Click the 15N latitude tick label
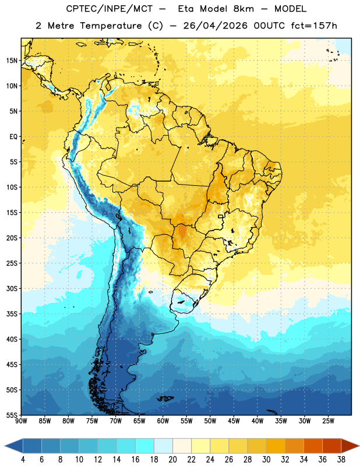pos(12,61)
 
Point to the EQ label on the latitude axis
pos(13,137)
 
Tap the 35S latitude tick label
pos(12,314)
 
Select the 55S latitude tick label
pos(12,415)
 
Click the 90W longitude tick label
pos(22,421)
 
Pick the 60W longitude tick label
pos(163,421)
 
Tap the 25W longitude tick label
pos(328,421)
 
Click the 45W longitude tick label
pos(234,421)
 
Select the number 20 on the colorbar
pos(172,460)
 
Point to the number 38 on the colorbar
pos(341,460)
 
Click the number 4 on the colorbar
pos(23,460)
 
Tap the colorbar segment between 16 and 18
pos(145,446)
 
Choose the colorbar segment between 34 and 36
pos(313,446)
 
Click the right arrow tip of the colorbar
pos(359,446)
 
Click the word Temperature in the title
pos(111,26)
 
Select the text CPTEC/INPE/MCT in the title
pos(109,9)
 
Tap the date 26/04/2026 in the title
pos(215,26)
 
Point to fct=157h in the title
pos(314,26)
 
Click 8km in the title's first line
pos(243,9)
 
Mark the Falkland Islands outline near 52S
pos(165,398)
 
